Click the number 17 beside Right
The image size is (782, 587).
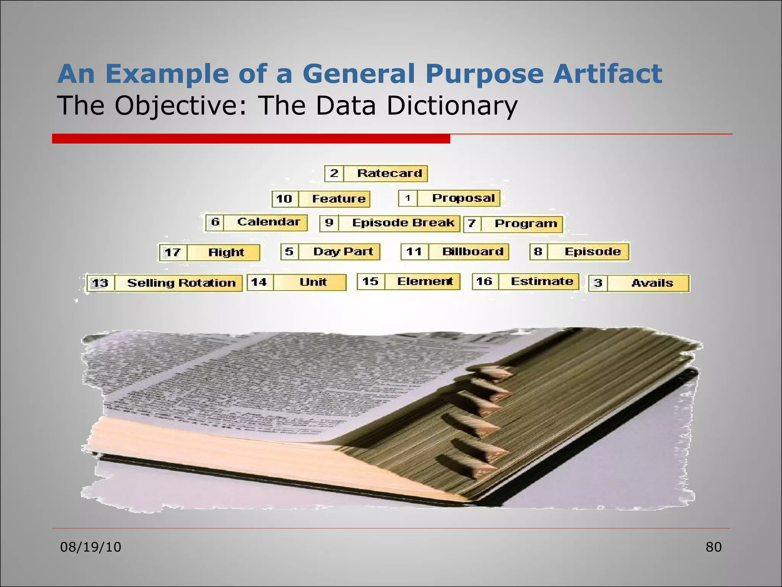[x=173, y=253]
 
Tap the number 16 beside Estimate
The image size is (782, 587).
[x=485, y=282]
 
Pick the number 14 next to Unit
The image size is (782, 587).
[x=259, y=282]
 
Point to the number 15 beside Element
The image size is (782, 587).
[x=370, y=282]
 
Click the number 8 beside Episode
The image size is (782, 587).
[x=538, y=251]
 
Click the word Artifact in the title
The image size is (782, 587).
[x=608, y=74]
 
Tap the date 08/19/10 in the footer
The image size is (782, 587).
[x=91, y=547]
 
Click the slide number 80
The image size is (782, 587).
[x=713, y=547]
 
